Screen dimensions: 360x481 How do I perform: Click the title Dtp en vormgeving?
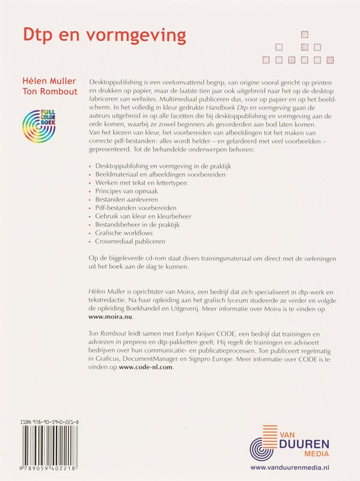pyautogui.click(x=104, y=35)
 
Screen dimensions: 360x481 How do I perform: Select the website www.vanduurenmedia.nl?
pyautogui.click(x=292, y=467)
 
